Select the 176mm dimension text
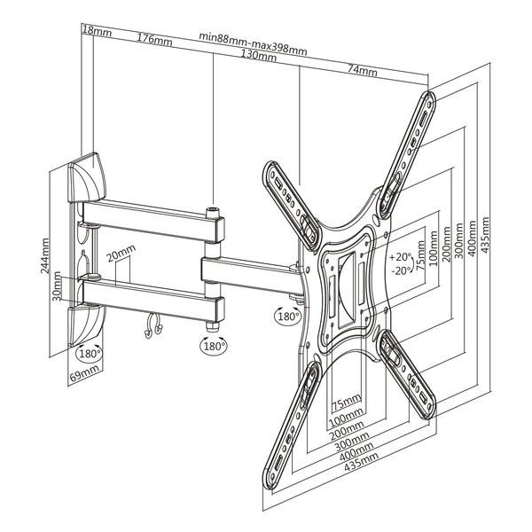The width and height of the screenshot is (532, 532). pyautogui.click(x=155, y=38)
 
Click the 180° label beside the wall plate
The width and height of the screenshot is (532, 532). pyautogui.click(x=90, y=353)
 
